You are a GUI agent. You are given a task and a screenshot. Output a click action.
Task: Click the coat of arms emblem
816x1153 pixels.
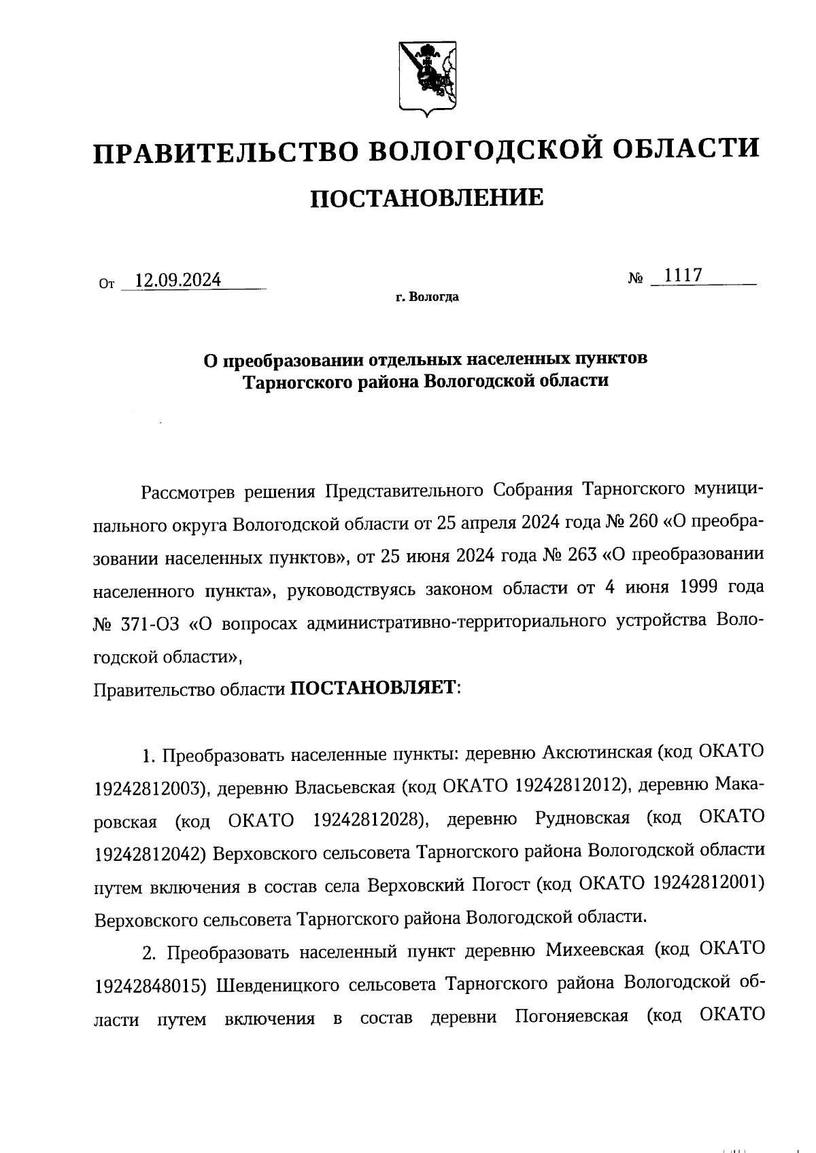click(427, 76)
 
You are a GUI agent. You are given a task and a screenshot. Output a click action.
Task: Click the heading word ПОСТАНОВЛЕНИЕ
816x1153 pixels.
click(426, 198)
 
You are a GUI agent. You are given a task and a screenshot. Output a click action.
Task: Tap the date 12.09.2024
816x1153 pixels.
click(178, 280)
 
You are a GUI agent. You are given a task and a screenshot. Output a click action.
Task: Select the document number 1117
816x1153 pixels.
click(683, 275)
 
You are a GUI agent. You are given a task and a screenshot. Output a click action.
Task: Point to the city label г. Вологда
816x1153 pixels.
click(427, 297)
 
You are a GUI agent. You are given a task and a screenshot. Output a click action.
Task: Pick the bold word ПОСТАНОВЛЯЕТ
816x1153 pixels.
click(373, 688)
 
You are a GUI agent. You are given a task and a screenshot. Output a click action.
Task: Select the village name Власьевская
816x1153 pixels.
click(344, 787)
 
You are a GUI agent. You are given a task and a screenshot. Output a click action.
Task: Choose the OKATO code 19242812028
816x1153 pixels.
click(365, 820)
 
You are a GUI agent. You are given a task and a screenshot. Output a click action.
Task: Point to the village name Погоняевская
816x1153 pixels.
click(571, 1017)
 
